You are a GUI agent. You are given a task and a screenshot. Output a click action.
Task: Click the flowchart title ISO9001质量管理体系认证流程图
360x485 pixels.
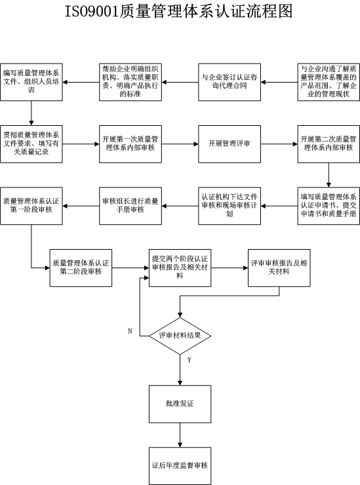pos(178,11)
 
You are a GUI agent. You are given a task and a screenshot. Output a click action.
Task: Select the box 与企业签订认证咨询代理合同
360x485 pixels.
pos(230,82)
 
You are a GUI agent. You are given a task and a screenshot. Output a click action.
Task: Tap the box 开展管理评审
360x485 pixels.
pos(230,144)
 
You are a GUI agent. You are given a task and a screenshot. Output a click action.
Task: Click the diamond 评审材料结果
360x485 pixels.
pos(180,336)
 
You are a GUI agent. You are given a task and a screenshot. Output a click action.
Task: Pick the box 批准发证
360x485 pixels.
pos(180,404)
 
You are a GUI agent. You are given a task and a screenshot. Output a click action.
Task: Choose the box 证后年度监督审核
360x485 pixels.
pos(180,466)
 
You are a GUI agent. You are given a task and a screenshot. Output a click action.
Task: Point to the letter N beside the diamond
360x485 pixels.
pos(130,331)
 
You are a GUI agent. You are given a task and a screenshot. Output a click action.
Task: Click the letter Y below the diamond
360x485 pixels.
pos(189,360)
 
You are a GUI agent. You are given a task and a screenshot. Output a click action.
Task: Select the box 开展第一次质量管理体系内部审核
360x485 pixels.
pos(130,144)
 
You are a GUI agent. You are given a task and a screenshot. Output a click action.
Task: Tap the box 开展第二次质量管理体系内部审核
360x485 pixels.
pos(329,144)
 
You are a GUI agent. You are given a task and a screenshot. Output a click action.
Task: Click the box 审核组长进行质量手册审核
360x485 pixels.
pos(130,206)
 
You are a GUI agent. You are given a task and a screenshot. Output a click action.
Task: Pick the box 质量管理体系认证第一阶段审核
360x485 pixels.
pos(31,206)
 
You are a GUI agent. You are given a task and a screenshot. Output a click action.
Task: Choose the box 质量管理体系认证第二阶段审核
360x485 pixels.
pos(81,268)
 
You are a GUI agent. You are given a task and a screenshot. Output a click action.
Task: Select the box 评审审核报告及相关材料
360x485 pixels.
pos(279,268)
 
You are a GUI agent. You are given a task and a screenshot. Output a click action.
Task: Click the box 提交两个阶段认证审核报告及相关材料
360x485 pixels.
pos(180,268)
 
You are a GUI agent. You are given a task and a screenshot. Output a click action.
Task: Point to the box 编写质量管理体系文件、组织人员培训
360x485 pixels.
pos(31,82)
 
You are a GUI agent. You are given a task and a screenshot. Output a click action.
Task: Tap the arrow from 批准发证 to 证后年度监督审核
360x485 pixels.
pos(180,435)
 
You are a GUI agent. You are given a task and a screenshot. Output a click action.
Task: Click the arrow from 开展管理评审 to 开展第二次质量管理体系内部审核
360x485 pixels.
pos(279,144)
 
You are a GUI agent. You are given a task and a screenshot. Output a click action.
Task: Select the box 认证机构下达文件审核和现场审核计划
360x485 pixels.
pos(230,206)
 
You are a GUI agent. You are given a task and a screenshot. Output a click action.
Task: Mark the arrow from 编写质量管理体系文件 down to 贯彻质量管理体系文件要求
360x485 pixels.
pos(31,113)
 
